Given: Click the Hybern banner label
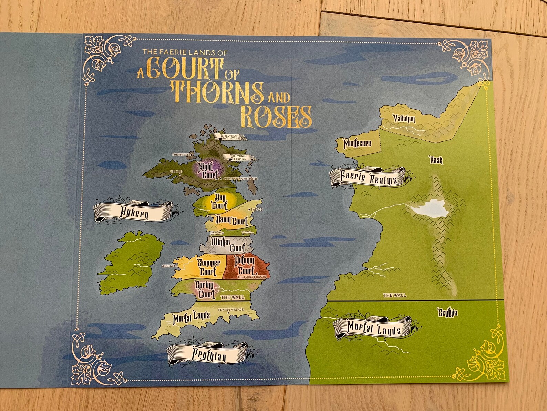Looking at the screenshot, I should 134,211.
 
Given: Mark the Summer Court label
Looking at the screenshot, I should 209,267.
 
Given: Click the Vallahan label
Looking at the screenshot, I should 404,119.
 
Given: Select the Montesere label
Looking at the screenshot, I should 357,143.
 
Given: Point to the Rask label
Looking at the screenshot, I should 436,160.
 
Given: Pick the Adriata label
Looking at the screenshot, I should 168,266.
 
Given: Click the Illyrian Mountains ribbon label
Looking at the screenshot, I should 230,137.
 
